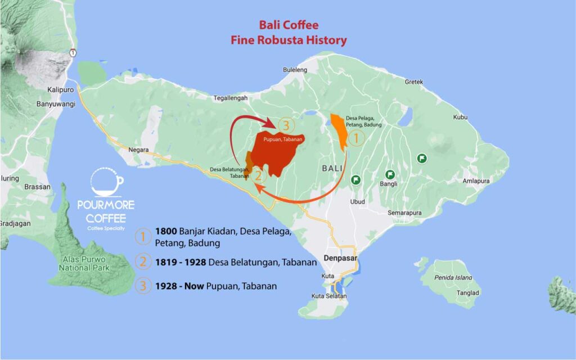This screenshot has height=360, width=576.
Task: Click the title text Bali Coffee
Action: (x=288, y=25)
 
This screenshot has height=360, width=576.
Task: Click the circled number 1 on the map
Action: (x=356, y=137)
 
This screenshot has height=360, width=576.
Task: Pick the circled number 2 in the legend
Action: (x=143, y=262)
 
